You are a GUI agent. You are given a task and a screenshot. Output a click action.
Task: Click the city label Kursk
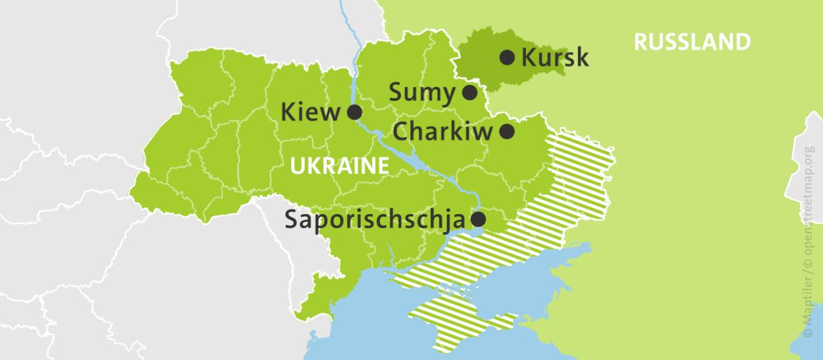tap(554, 58)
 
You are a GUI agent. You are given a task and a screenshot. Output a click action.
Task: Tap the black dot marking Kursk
tap(507, 58)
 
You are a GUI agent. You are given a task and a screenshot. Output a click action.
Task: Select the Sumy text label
tap(422, 93)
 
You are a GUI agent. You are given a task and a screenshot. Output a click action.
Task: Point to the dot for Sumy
tap(470, 93)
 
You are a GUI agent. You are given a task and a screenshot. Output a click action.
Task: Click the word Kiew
tap(311, 113)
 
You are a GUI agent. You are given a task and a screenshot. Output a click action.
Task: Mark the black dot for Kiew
tap(354, 113)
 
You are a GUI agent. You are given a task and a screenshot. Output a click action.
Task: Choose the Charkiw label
tap(442, 132)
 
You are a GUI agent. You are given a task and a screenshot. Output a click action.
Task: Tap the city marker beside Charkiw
tap(507, 132)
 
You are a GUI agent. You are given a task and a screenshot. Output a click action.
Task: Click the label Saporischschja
tap(374, 219)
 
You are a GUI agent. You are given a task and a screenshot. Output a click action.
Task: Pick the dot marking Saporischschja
tap(478, 219)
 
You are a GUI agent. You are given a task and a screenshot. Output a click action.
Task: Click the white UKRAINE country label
tap(339, 166)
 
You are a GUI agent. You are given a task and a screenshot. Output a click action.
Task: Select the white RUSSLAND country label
tap(692, 42)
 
